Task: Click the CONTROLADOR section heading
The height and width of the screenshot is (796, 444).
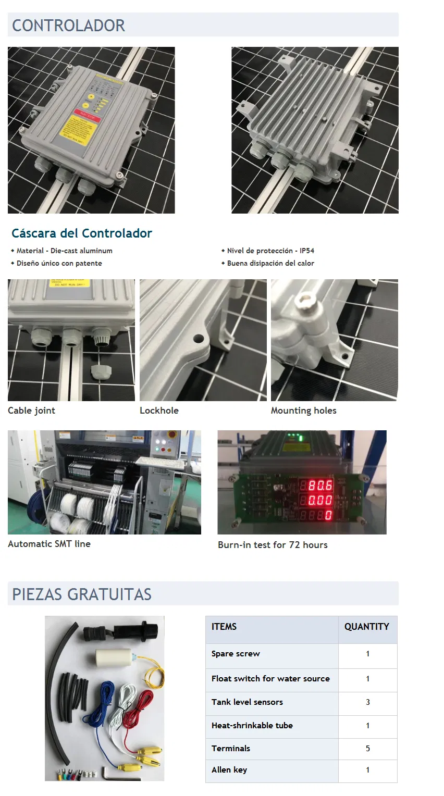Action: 68,26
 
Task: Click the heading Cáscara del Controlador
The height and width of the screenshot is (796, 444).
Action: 82,233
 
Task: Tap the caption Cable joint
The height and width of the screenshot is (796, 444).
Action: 31,411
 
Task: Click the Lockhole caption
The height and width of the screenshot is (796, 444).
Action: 159,411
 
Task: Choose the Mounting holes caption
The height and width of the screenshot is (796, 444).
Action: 303,411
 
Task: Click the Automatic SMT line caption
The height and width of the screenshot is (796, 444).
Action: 49,544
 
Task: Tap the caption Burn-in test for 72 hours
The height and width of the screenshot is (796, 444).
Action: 273,545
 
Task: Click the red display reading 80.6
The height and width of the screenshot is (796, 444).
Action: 319,486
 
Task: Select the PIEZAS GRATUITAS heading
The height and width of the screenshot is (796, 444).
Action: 82,594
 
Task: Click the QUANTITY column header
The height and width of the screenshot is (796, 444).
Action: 366,627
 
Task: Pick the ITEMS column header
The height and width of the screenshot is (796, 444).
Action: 224,627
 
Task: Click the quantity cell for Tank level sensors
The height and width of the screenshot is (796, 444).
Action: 367,702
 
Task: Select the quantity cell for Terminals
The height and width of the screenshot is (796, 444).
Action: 367,749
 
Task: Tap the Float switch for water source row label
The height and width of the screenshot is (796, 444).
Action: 270,679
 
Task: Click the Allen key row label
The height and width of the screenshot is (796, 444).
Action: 229,770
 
